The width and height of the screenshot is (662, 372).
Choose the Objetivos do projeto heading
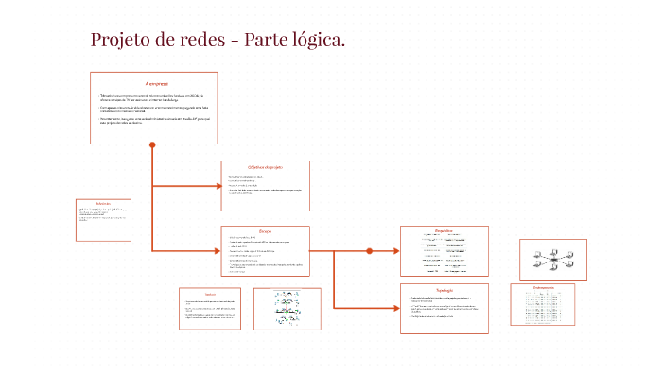tap(265, 167)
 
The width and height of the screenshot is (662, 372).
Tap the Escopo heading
tap(265, 230)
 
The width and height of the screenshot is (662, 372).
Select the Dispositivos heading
tap(444, 230)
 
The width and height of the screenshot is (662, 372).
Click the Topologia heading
tap(444, 290)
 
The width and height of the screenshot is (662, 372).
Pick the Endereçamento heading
tap(542, 286)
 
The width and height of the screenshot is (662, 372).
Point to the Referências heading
tap(103, 203)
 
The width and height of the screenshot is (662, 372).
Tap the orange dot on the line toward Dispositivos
tap(370, 251)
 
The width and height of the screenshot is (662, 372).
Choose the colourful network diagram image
tap(287, 308)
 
